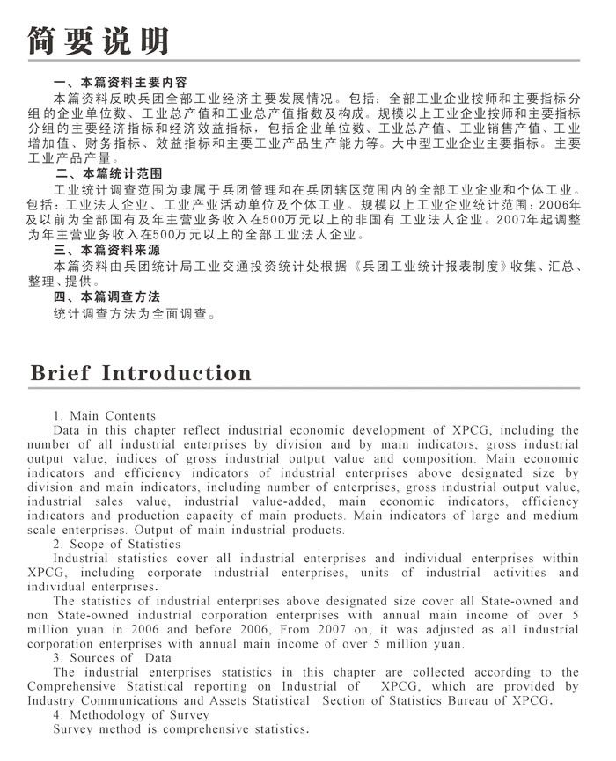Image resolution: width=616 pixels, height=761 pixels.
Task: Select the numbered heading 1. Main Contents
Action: [105, 415]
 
